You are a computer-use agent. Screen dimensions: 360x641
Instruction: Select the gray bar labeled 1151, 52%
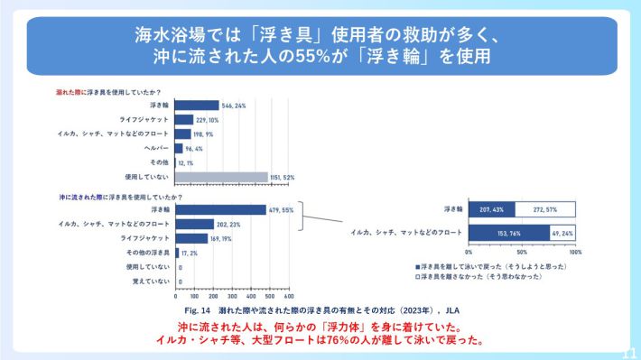click(x=221, y=177)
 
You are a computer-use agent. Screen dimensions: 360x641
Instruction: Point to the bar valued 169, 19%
click(x=190, y=238)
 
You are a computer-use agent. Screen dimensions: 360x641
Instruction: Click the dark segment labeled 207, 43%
click(x=489, y=209)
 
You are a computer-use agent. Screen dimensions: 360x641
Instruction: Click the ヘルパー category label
click(x=156, y=148)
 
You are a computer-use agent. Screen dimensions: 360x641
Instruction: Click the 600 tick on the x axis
click(x=289, y=296)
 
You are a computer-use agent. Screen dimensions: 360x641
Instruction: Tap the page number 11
click(x=630, y=353)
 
